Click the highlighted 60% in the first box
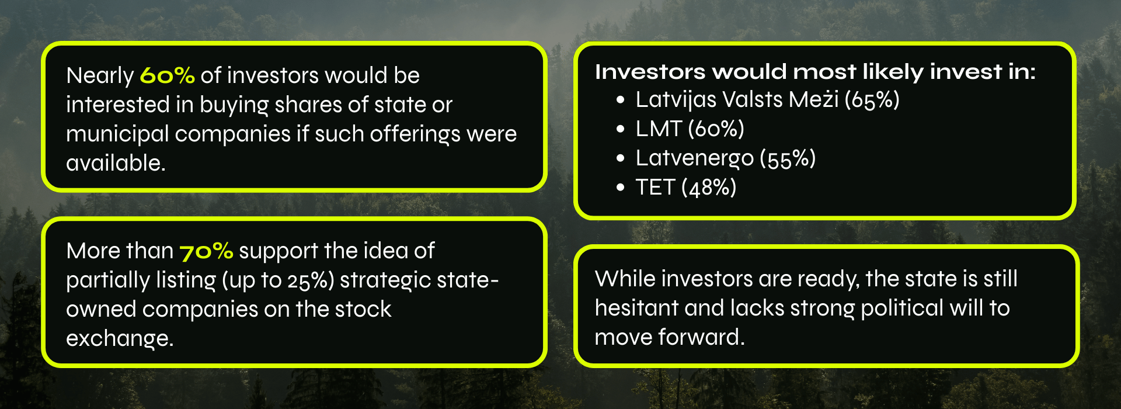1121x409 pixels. (x=167, y=75)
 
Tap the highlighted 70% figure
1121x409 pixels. (x=206, y=252)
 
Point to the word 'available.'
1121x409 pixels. (x=116, y=163)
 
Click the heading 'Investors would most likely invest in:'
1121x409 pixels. (x=815, y=72)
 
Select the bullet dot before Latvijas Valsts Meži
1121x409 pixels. (x=620, y=100)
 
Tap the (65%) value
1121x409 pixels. (x=872, y=100)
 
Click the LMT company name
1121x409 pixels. (x=659, y=129)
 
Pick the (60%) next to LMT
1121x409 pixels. (x=716, y=129)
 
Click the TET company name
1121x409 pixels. (x=656, y=188)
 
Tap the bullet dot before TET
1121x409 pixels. (x=620, y=188)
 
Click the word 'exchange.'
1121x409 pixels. (x=120, y=339)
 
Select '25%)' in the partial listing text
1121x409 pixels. (x=311, y=280)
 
